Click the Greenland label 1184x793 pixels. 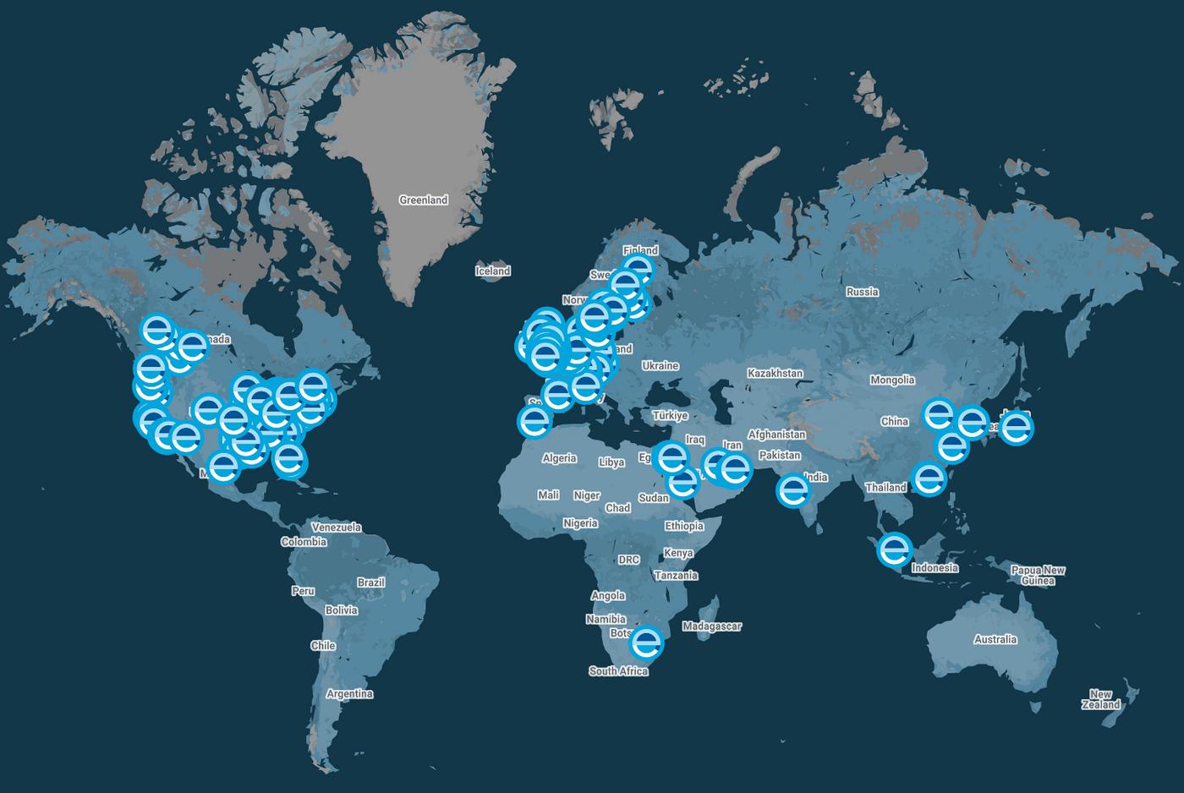pos(423,200)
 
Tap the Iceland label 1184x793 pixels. pos(492,271)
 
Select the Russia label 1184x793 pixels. pos(862,292)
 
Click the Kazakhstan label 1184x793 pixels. pos(775,373)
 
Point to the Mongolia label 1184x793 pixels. pos(892,380)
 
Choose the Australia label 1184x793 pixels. pos(995,639)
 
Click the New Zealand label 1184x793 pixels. pos(1100,699)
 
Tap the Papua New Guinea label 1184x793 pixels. pos(1038,575)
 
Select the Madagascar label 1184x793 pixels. pos(711,626)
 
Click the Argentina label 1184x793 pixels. pos(349,694)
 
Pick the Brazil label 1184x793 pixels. pos(370,582)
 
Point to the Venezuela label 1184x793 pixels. pos(336,528)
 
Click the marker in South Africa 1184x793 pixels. pos(647,642)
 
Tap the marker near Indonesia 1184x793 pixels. pos(894,550)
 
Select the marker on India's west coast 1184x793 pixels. pos(792,489)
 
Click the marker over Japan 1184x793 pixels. pos(1017,427)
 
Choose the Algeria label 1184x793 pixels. pos(559,458)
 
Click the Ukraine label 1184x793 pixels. pos(660,366)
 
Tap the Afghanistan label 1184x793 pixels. pos(776,435)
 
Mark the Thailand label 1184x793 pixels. pos(885,488)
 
